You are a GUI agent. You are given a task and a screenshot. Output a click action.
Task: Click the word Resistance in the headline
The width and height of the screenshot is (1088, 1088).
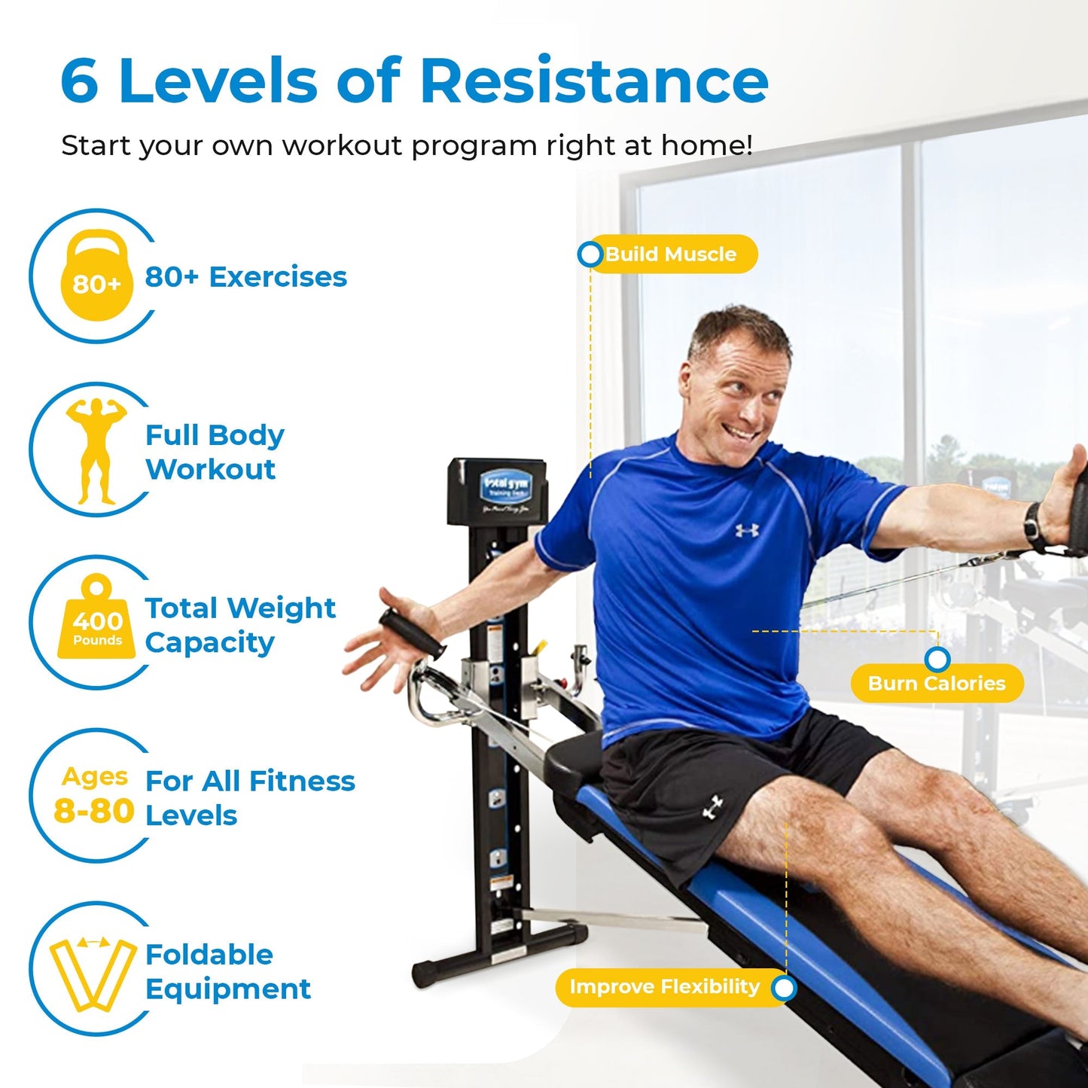(593, 81)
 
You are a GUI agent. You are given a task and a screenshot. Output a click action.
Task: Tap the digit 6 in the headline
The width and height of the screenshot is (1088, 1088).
(79, 81)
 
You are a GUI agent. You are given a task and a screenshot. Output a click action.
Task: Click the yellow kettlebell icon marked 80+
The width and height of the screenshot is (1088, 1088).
(96, 276)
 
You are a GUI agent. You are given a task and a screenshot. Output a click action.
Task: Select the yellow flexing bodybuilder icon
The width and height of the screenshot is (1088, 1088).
(96, 450)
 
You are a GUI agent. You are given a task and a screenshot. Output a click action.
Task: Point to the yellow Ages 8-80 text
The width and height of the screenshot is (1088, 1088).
(94, 797)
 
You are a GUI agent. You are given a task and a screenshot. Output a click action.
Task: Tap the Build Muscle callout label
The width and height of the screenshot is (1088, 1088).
(670, 254)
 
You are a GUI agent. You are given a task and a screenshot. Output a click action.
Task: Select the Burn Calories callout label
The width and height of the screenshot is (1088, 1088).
(937, 683)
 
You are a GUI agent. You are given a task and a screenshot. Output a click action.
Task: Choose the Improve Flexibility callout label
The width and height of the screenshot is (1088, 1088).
(664, 987)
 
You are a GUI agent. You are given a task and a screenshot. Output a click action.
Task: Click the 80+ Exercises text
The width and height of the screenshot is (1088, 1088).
(245, 277)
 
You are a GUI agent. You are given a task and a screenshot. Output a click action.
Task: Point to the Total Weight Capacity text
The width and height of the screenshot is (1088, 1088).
(239, 625)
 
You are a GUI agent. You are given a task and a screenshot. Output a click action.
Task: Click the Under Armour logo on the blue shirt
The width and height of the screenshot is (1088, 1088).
(747, 530)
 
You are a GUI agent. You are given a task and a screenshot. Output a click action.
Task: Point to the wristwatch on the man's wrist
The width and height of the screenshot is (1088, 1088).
(1034, 524)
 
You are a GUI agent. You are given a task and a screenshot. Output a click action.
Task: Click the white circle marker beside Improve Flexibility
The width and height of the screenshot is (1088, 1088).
(784, 988)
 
